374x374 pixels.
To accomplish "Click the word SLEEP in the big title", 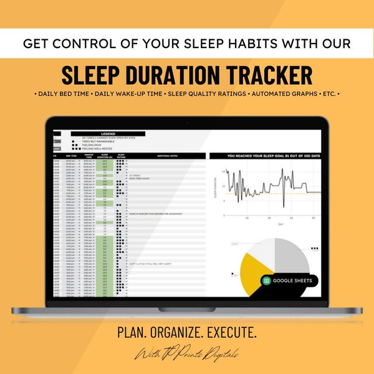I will click(x=93, y=75).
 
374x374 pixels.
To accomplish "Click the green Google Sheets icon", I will click(x=267, y=280).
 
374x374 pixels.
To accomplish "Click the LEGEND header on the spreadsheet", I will click(x=108, y=134).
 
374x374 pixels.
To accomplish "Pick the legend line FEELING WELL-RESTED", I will click(x=97, y=148).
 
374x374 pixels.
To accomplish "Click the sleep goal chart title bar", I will click(x=270, y=156).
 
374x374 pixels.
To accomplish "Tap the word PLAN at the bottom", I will click(x=131, y=332).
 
